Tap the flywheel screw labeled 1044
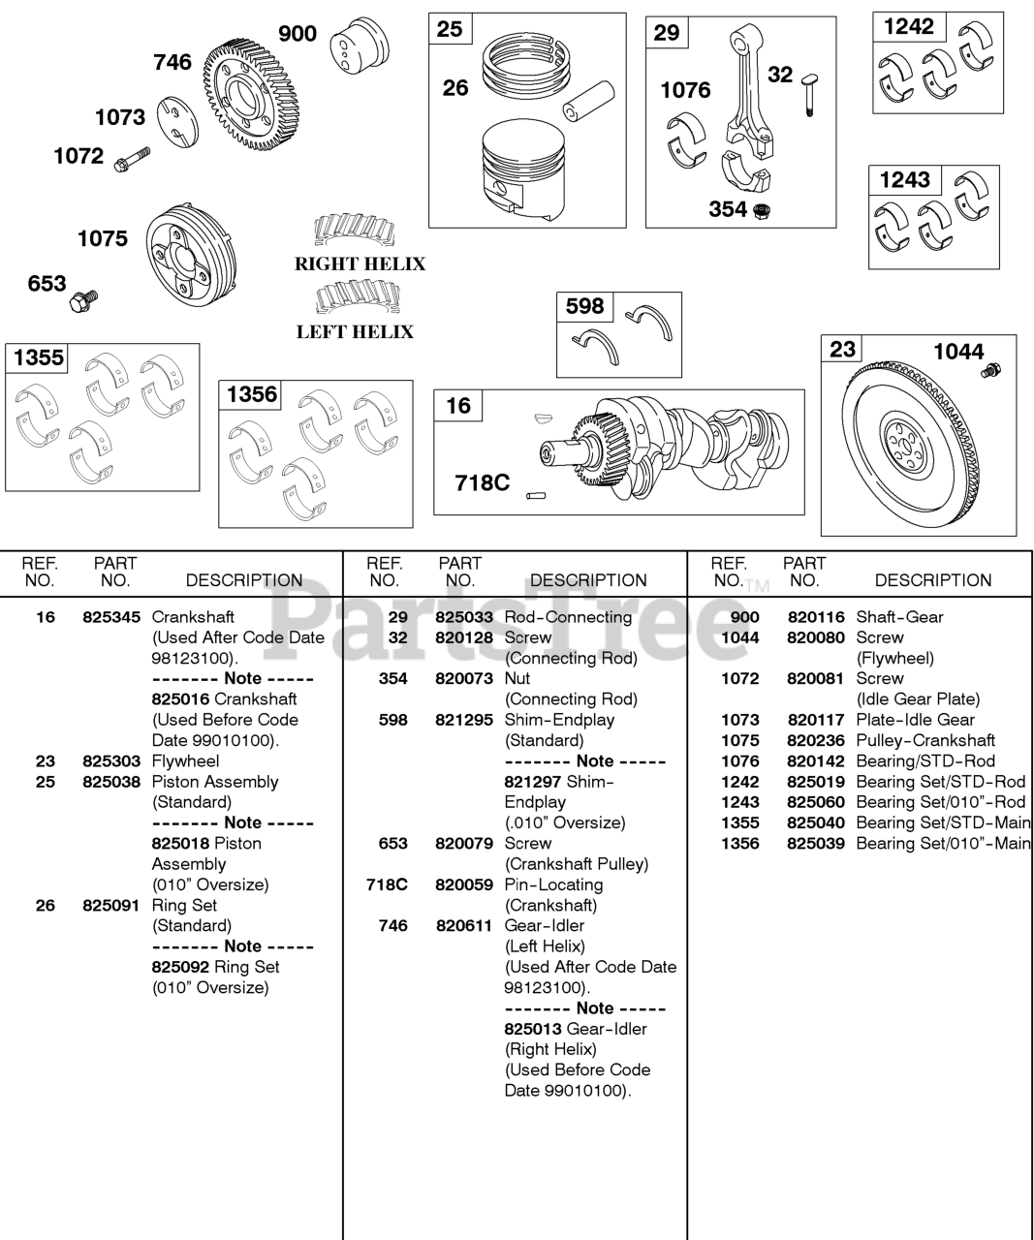coord(992,370)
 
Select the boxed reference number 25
coord(450,29)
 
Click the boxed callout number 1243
coord(904,180)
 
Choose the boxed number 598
coord(584,307)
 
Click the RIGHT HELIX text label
coord(360,264)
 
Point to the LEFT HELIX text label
coord(355,332)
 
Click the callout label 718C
coord(482,481)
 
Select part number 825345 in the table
coord(111,617)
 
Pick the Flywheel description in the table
coord(185,761)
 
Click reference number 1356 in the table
coord(740,844)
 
